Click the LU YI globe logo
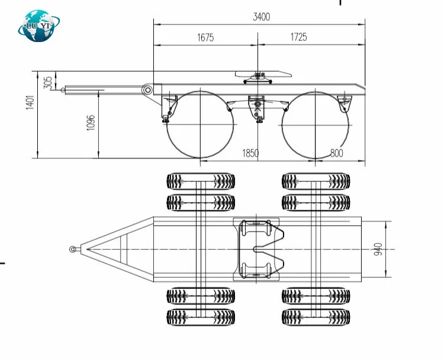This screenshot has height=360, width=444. [40, 25]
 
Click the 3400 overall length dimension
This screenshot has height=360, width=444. [261, 17]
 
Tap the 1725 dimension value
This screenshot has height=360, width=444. [298, 37]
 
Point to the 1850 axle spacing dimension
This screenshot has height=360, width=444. [250, 153]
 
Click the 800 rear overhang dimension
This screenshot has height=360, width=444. [336, 153]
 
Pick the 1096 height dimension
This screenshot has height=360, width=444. [90, 122]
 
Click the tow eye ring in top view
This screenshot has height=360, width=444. [73, 249]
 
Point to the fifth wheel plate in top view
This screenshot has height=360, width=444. [259, 249]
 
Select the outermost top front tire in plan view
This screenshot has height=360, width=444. [201, 181]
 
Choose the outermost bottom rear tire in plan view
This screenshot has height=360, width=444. [316, 316]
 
